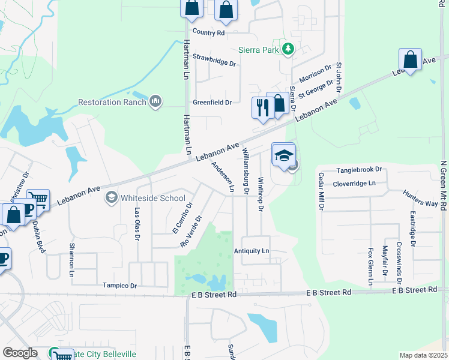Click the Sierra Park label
tap(258, 50)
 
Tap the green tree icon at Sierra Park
tap(288, 49)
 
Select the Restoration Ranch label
tap(113, 102)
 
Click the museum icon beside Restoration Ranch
tap(155, 101)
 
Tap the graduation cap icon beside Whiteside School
tap(111, 197)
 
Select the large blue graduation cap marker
tap(284, 155)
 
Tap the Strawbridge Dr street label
tap(214, 62)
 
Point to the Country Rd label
tap(208, 32)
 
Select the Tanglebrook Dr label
tap(359, 170)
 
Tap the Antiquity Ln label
tap(252, 251)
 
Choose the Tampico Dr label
tap(119, 286)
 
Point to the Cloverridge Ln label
tap(354, 183)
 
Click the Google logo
tap(20, 353)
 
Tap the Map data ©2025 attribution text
tap(423, 355)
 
